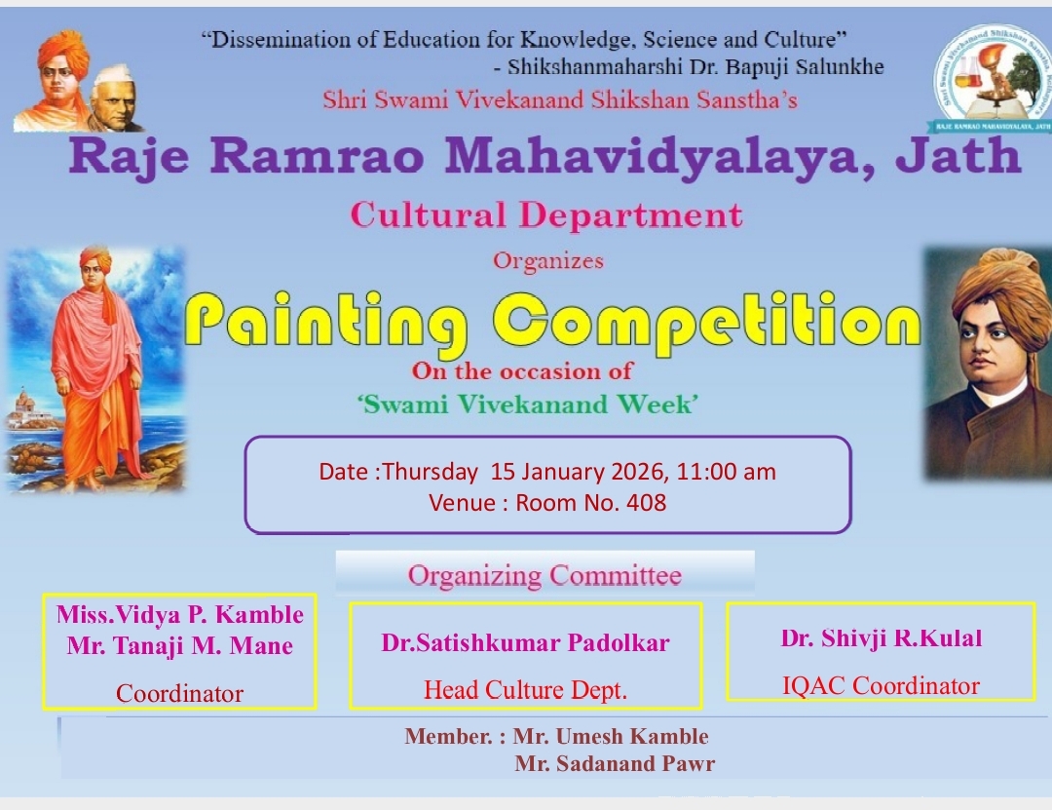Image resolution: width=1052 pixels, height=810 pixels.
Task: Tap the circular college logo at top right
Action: pyautogui.click(x=992, y=77)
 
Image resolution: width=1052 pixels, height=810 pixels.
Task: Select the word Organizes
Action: pyautogui.click(x=548, y=260)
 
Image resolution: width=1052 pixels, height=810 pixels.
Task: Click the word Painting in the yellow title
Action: pyautogui.click(x=326, y=323)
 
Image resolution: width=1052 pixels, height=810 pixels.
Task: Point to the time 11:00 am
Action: pyautogui.click(x=726, y=472)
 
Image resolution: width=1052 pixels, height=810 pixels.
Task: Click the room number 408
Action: pyautogui.click(x=646, y=502)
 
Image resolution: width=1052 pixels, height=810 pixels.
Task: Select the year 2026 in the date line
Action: pyautogui.click(x=638, y=472)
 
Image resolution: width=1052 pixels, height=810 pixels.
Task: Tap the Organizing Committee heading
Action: pyautogui.click(x=545, y=576)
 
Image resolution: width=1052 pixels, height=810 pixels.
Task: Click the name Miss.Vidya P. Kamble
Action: pyautogui.click(x=180, y=614)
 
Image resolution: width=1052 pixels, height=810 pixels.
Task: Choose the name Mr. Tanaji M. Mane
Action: pyautogui.click(x=180, y=645)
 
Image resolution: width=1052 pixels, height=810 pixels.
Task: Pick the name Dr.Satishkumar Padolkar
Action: pyautogui.click(x=525, y=642)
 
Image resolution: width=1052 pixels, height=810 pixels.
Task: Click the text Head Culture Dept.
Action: pyautogui.click(x=525, y=690)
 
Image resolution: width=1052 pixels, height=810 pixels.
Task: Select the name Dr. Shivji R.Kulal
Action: pyautogui.click(x=881, y=638)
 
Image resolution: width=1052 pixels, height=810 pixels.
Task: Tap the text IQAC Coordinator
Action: pyautogui.click(x=881, y=686)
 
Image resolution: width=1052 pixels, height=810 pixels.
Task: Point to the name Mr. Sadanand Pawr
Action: pyautogui.click(x=615, y=763)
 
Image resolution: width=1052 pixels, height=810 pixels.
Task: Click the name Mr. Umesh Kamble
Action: pyautogui.click(x=611, y=736)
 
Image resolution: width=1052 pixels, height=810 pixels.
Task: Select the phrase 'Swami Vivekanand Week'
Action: pyautogui.click(x=527, y=405)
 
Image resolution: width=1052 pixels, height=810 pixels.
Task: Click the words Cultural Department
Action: pyautogui.click(x=546, y=215)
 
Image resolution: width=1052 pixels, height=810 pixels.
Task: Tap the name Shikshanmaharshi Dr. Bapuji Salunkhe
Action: pyautogui.click(x=695, y=67)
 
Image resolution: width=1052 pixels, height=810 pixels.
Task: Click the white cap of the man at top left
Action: pyautogui.click(x=114, y=75)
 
